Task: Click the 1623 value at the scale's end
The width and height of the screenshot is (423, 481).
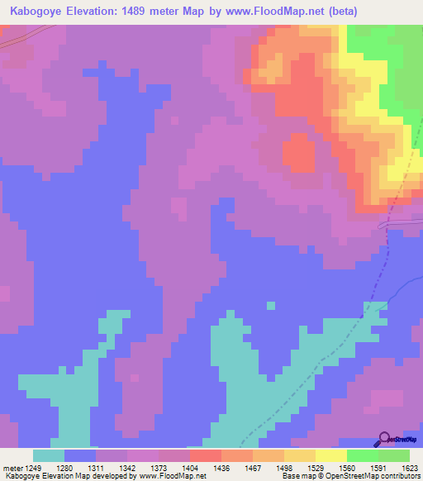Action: (409, 467)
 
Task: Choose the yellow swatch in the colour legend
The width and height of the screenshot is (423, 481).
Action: (330, 455)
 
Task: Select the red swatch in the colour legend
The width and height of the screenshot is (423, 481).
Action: (205, 455)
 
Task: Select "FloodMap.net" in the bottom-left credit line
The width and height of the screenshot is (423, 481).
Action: (178, 476)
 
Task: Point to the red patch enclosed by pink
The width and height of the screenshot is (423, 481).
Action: (298, 154)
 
